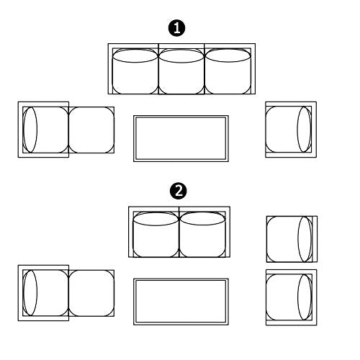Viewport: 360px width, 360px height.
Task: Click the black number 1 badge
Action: (177, 28)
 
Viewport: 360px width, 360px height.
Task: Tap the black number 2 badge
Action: (179, 192)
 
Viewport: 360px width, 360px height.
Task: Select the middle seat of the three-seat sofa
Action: (181, 72)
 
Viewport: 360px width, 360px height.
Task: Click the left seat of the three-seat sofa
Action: (135, 72)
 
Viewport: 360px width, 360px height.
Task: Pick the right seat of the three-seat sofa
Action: (228, 72)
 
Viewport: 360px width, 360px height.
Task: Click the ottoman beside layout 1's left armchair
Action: (91, 130)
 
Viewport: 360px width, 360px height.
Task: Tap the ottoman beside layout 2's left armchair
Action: (91, 293)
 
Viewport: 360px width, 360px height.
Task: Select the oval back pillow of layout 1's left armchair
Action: (30, 130)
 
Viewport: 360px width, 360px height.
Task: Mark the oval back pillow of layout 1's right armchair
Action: (304, 130)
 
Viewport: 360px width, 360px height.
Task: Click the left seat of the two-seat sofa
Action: (156, 235)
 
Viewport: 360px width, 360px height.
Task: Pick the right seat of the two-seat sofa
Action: (202, 235)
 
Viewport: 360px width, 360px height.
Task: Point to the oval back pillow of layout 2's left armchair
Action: (30, 293)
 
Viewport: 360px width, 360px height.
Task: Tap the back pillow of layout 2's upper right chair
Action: (305, 239)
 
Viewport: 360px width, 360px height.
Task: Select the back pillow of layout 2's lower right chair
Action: (305, 297)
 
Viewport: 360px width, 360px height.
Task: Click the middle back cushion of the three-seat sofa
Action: (181, 56)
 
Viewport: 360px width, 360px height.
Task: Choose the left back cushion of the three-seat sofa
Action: (135, 56)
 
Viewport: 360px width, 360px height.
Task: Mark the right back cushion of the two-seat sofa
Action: (202, 219)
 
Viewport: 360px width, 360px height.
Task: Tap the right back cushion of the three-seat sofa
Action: (228, 55)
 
